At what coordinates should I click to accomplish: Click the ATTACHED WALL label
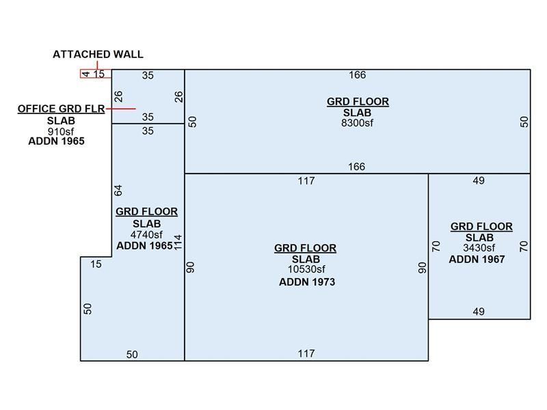pos(98,55)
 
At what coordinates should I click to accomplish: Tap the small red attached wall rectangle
pos(96,74)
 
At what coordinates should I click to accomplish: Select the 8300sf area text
pos(358,123)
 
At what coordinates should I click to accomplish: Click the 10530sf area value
pos(306,269)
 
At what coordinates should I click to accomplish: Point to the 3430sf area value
pos(479,248)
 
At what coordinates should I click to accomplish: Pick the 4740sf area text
pos(146,234)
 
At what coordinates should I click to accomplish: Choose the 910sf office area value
pos(56,131)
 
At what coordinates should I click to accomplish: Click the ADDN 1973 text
pos(307,282)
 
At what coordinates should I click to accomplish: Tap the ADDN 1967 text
pos(477,260)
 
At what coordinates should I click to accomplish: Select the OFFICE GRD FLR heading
pos(61,109)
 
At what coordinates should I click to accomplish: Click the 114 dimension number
pos(178,243)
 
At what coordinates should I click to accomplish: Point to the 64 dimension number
pos(118,190)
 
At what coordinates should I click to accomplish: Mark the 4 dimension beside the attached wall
pos(86,74)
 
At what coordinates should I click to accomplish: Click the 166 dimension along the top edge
pos(357,75)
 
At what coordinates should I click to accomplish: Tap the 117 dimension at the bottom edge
pos(306,353)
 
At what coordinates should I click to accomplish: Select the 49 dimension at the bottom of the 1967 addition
pos(479,312)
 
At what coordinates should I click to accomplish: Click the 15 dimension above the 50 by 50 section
pos(96,264)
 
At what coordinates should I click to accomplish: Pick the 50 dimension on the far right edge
pos(524,122)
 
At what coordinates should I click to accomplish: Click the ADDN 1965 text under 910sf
pos(56,141)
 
